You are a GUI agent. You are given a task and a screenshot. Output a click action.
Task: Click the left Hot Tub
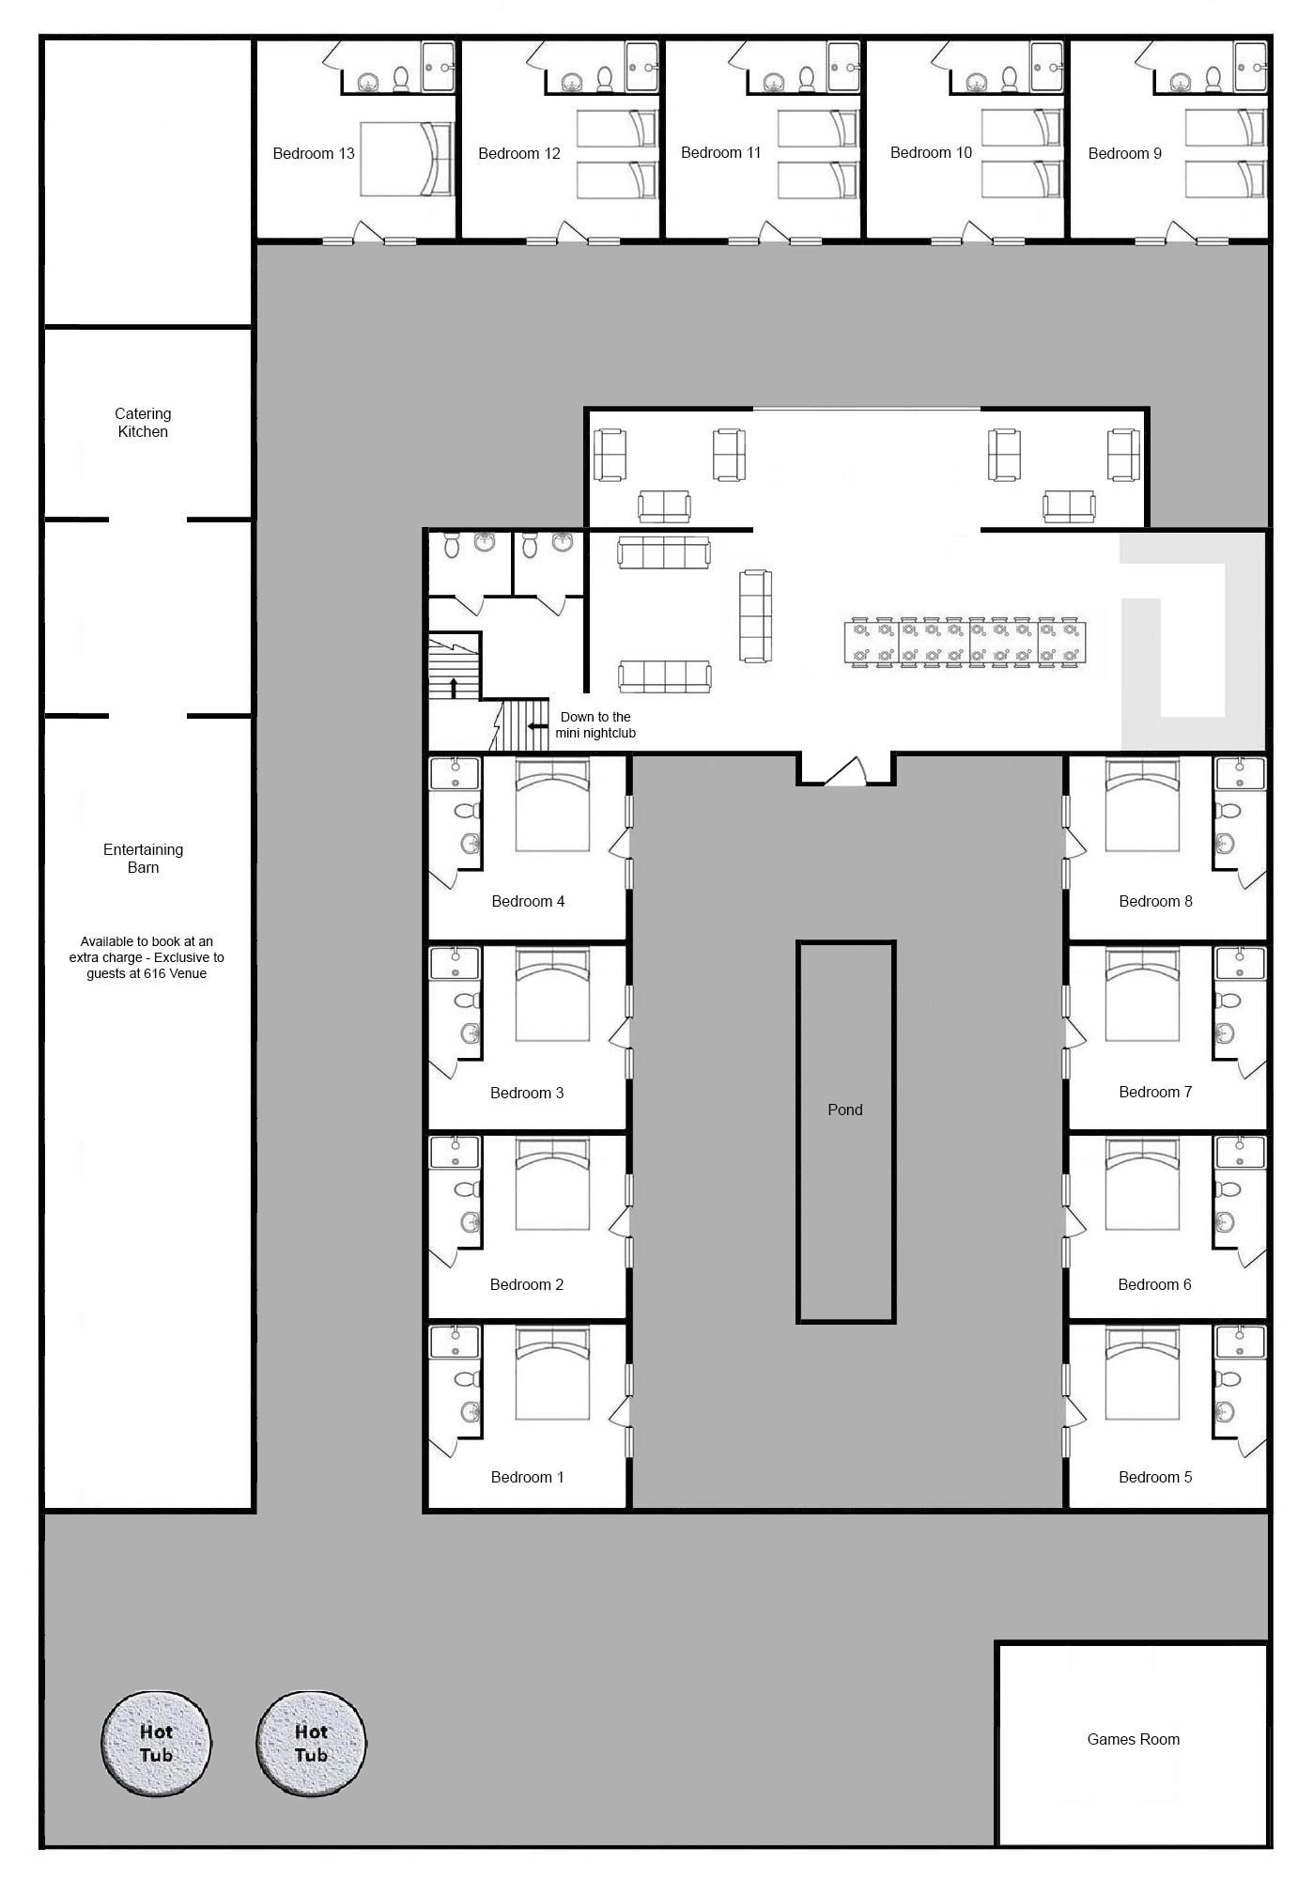pyautogui.click(x=156, y=1744)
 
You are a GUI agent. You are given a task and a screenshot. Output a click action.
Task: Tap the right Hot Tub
pyautogui.click(x=311, y=1744)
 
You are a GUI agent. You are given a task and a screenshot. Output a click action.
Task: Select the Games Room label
pyautogui.click(x=1133, y=1739)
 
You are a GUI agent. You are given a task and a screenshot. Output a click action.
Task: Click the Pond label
pyautogui.click(x=844, y=1110)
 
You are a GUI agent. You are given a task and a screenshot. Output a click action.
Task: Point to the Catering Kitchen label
pyautogui.click(x=143, y=423)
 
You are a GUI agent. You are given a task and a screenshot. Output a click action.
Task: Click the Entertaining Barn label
pyautogui.click(x=143, y=858)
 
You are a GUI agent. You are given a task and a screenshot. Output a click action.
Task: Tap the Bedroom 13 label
pyautogui.click(x=314, y=153)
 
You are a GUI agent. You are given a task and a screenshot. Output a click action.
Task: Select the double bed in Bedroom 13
pyautogui.click(x=406, y=159)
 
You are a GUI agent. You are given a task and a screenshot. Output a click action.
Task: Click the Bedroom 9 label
pyautogui.click(x=1124, y=153)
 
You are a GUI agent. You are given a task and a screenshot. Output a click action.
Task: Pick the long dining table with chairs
pyautogui.click(x=965, y=643)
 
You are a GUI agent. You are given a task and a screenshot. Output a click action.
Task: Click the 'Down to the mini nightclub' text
pyautogui.click(x=595, y=724)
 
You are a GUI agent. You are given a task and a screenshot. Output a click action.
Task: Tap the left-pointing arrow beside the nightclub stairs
pyautogui.click(x=538, y=726)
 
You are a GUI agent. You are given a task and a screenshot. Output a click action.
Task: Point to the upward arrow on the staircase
pyautogui.click(x=454, y=687)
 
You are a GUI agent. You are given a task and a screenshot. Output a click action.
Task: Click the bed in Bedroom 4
pyautogui.click(x=552, y=805)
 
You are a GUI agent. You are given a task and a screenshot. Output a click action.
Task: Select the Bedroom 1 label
pyautogui.click(x=527, y=1477)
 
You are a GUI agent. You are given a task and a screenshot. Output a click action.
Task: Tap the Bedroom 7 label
pyautogui.click(x=1155, y=1092)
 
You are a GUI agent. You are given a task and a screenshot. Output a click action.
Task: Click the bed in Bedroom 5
pyautogui.click(x=1142, y=1373)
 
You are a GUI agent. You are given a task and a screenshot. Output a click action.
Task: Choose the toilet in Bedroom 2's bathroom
pyautogui.click(x=466, y=1189)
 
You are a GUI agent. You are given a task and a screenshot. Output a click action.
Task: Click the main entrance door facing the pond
pyautogui.click(x=845, y=771)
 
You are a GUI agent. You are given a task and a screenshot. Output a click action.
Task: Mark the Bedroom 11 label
pyautogui.click(x=720, y=152)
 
